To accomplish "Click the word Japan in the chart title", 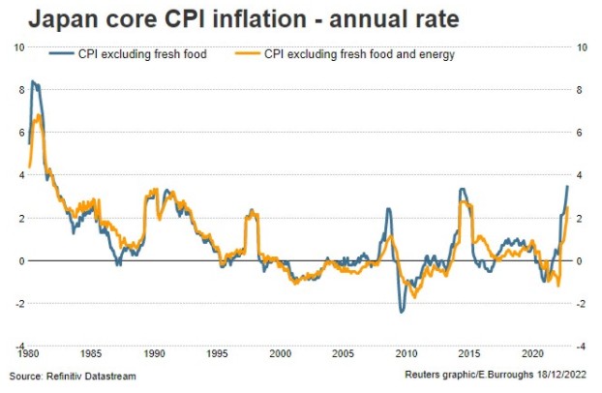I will (x=64, y=18).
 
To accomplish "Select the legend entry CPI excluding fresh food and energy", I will (x=360, y=55).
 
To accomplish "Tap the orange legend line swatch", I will (x=249, y=55).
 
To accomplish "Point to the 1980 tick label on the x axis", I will (x=28, y=354).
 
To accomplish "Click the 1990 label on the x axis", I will (x=154, y=354).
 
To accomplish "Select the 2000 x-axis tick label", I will (x=280, y=354).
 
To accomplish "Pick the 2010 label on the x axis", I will (x=406, y=354).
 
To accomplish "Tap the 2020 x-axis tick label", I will (x=531, y=354).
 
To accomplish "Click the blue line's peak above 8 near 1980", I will (x=34, y=81).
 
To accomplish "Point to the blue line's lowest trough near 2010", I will (x=402, y=311).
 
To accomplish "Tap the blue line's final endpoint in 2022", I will (x=567, y=186).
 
